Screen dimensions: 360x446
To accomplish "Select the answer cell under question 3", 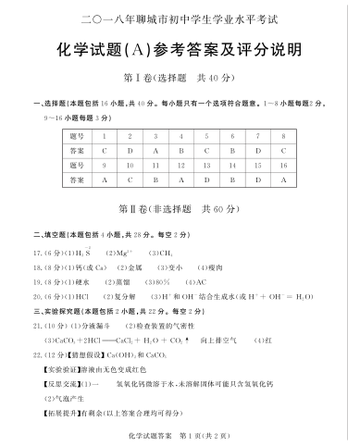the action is [156, 150].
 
